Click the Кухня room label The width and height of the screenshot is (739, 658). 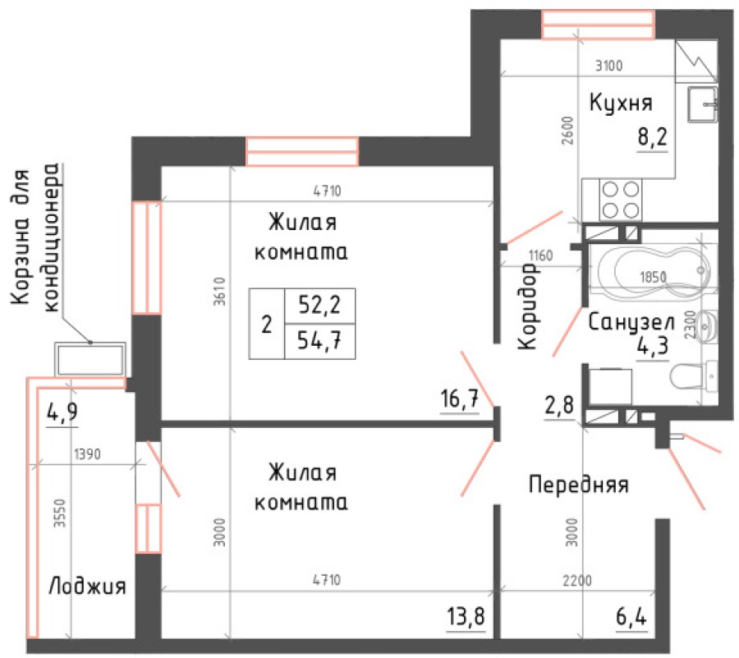coord(620,103)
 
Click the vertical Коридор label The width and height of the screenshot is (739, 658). coord(527,307)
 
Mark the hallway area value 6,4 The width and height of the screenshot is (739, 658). coord(631,614)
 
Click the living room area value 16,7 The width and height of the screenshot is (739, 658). coord(460,399)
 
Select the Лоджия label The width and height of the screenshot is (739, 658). coord(86,587)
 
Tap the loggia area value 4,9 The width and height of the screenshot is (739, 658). coord(63,411)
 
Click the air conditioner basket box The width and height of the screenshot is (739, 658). coord(90,359)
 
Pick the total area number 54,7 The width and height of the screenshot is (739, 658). coord(319,339)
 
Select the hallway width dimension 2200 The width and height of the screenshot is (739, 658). coord(576,580)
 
